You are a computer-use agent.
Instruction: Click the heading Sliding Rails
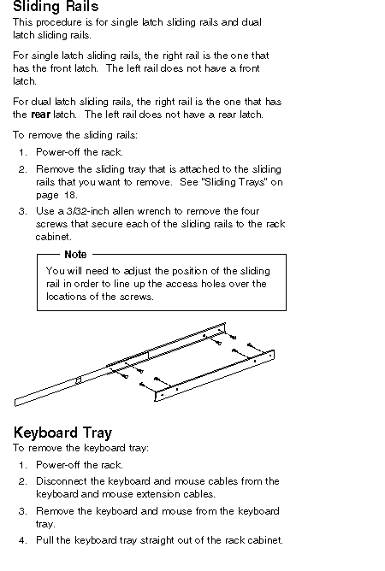(56, 7)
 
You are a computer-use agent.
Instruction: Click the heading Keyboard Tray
(62, 433)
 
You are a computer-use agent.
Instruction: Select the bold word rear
(40, 115)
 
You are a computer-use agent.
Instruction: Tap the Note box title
(75, 254)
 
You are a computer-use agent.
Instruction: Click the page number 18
(70, 195)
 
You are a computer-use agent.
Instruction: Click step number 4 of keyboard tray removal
(22, 540)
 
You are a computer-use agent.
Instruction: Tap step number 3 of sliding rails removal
(22, 212)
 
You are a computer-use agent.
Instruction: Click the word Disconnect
(62, 481)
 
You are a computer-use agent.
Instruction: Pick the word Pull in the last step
(44, 540)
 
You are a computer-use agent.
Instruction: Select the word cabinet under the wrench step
(52, 237)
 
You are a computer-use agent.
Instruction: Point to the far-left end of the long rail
(15, 403)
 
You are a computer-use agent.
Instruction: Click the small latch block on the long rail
(78, 380)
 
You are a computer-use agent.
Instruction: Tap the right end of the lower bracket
(273, 355)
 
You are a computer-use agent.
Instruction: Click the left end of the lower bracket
(156, 397)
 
